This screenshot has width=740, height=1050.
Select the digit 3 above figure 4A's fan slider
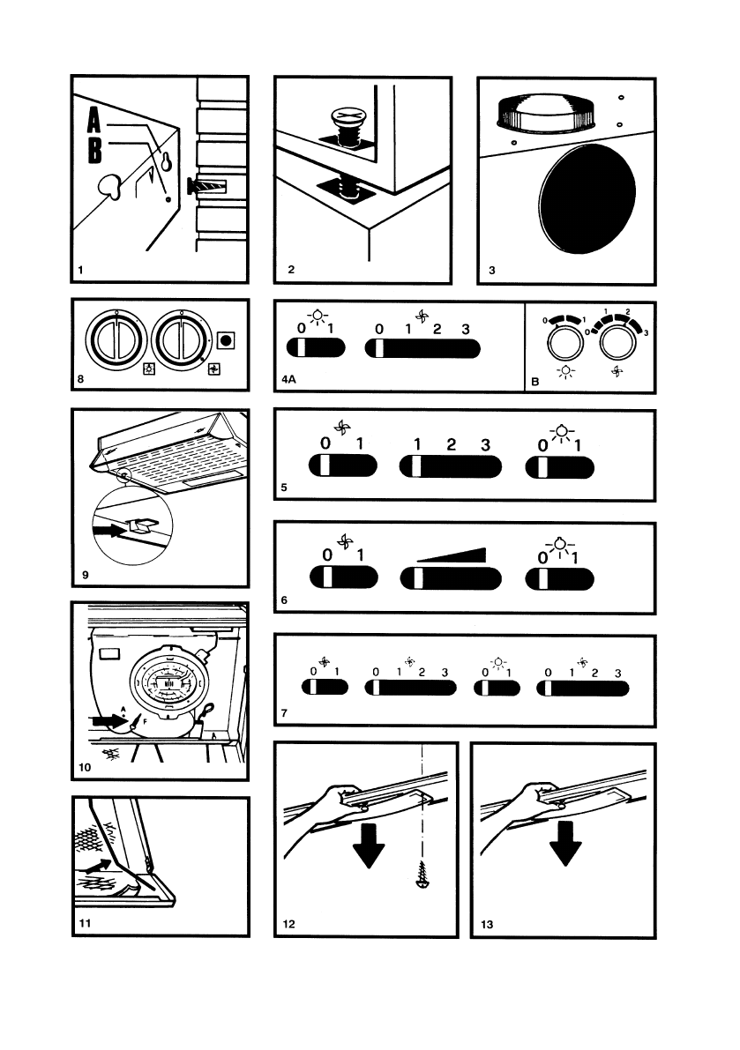coord(465,329)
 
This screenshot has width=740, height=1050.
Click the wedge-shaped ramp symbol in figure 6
coord(451,554)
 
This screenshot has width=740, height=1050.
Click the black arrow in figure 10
coord(108,720)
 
